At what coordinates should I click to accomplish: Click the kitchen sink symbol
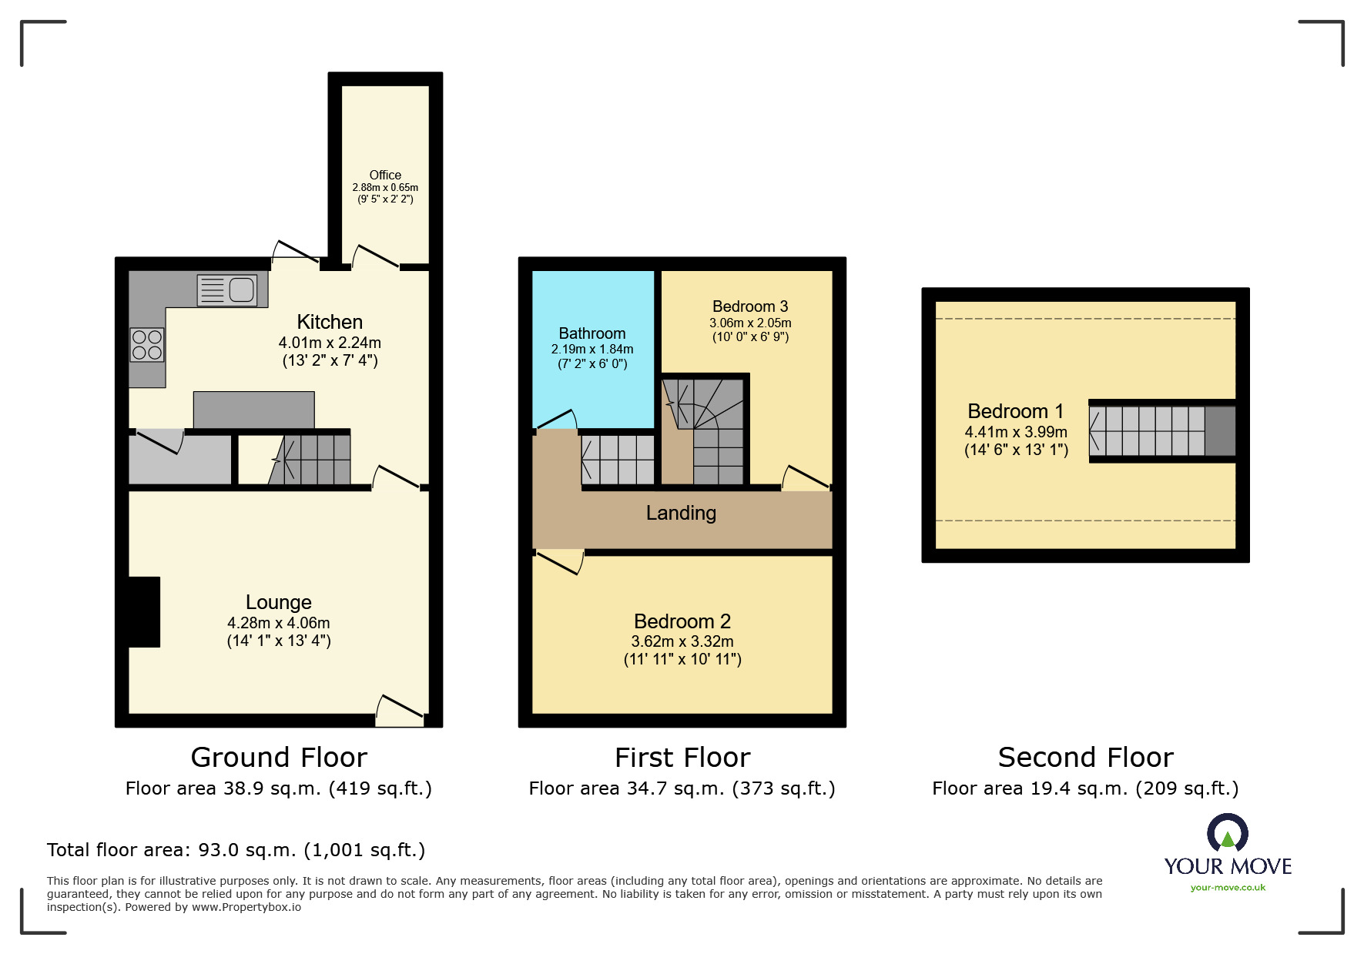[x=227, y=290]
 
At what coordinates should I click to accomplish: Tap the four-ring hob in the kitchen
[x=146, y=345]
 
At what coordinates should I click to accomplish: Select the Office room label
[x=385, y=175]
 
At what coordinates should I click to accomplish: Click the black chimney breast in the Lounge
[x=144, y=612]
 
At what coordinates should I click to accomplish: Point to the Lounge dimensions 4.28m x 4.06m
[x=279, y=623]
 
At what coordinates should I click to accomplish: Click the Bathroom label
[x=592, y=333]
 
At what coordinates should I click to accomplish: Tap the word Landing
[x=681, y=513]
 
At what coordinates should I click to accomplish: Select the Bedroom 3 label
[x=750, y=306]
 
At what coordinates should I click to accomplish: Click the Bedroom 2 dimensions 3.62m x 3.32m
[x=682, y=641]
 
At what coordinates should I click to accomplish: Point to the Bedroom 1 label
[x=1015, y=411]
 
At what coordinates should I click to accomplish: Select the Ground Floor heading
[x=279, y=758]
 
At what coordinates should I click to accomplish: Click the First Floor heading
[x=682, y=758]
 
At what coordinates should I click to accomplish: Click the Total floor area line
[x=236, y=850]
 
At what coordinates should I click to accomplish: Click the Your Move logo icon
[x=1228, y=834]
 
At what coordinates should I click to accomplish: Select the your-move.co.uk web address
[x=1228, y=888]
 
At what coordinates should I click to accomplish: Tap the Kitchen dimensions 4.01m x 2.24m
[x=330, y=343]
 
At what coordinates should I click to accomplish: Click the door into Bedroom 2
[x=559, y=562]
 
